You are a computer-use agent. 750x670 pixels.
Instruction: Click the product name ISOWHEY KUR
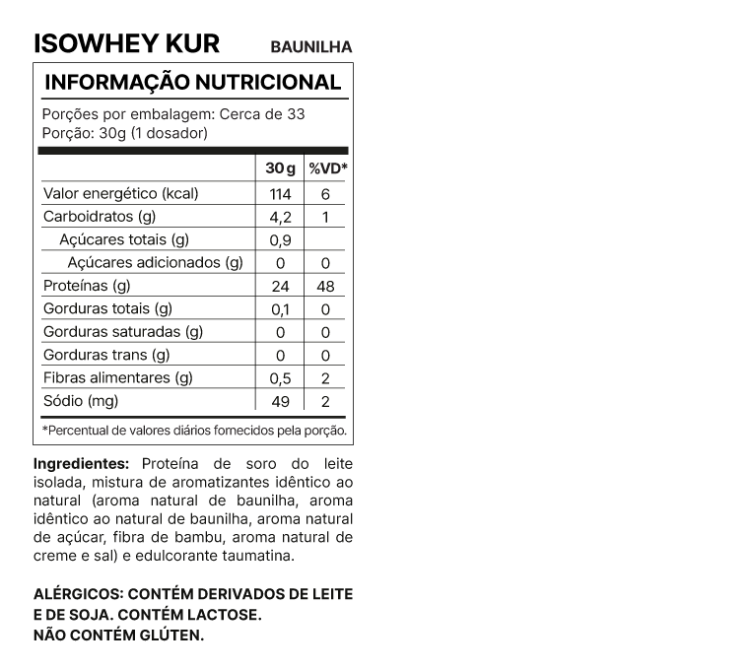pyautogui.click(x=126, y=43)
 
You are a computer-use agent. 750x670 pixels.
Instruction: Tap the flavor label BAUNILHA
pyautogui.click(x=310, y=46)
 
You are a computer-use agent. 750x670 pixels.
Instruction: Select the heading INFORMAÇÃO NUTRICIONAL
pyautogui.click(x=193, y=82)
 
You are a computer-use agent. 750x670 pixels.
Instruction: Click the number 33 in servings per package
pyautogui.click(x=295, y=113)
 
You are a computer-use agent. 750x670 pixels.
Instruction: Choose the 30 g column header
pyautogui.click(x=280, y=169)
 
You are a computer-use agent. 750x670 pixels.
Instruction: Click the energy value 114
pyautogui.click(x=280, y=194)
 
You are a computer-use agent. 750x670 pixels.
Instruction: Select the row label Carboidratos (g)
pyautogui.click(x=100, y=217)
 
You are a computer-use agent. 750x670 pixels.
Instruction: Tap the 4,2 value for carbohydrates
pyautogui.click(x=280, y=217)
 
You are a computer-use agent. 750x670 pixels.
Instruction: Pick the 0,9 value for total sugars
pyautogui.click(x=280, y=240)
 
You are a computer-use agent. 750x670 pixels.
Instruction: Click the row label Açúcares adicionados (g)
pyautogui.click(x=155, y=263)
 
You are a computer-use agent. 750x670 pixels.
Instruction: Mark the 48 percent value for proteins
pyautogui.click(x=325, y=287)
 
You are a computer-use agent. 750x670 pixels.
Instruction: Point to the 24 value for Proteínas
pyautogui.click(x=280, y=287)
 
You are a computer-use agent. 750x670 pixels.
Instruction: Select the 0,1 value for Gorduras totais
pyautogui.click(x=280, y=309)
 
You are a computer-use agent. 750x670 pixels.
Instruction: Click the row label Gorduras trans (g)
pyautogui.click(x=106, y=356)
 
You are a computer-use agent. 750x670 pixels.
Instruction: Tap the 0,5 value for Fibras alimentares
pyautogui.click(x=280, y=378)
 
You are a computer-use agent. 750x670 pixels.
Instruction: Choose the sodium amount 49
pyautogui.click(x=280, y=402)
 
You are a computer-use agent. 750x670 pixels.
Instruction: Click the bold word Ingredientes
pyautogui.click(x=82, y=463)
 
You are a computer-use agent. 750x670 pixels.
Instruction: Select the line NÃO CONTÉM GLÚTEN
pyautogui.click(x=118, y=635)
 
